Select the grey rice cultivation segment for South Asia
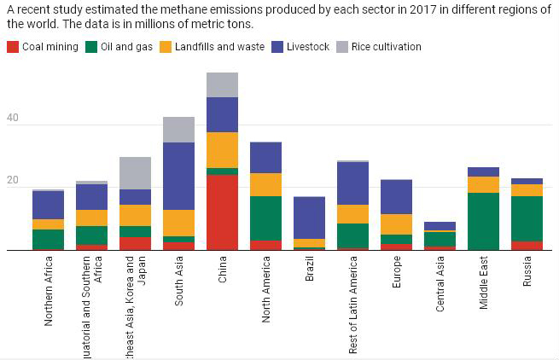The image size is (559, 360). coord(178,130)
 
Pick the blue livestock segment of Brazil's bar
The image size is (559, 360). coord(309,218)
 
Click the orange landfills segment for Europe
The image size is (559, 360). coord(396,224)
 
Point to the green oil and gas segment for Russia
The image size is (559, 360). coord(527,218)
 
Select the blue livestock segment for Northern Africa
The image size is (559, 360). coord(48,205)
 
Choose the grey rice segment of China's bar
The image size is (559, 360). coord(222,84)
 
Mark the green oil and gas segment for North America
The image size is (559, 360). coord(265,218)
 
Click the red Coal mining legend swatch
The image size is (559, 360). coord(12,47)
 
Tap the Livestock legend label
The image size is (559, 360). coord(308,47)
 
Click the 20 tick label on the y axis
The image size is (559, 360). coord(12,182)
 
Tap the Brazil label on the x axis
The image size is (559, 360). coord(309,276)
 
